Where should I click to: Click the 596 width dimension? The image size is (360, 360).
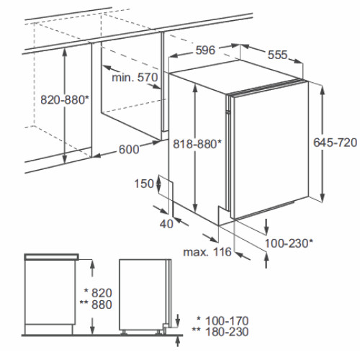[x=205, y=50]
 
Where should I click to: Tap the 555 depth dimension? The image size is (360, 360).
[x=277, y=55]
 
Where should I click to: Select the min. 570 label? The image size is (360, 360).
[x=135, y=77]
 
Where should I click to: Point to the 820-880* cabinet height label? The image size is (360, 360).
[x=65, y=99]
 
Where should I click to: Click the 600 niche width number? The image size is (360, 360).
[x=129, y=150]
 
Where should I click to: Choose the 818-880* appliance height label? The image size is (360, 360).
[x=197, y=144]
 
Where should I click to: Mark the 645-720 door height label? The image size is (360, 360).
[x=336, y=143]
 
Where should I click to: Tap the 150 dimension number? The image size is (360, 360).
[x=144, y=184]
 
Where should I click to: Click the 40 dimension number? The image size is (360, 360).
[x=166, y=224]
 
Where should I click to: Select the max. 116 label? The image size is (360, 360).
[x=207, y=252]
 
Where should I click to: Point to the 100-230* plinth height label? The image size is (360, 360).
[x=289, y=243]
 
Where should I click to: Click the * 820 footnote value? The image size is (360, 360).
[x=98, y=293]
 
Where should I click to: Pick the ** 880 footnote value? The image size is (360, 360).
[x=96, y=305]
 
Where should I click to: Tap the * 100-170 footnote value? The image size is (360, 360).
[x=222, y=320]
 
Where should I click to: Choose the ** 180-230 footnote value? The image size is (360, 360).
[x=220, y=332]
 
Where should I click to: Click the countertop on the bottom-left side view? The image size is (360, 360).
[x=52, y=257]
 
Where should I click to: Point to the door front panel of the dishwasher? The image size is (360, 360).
[x=271, y=150]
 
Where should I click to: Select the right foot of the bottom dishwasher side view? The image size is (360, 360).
[x=158, y=333]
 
